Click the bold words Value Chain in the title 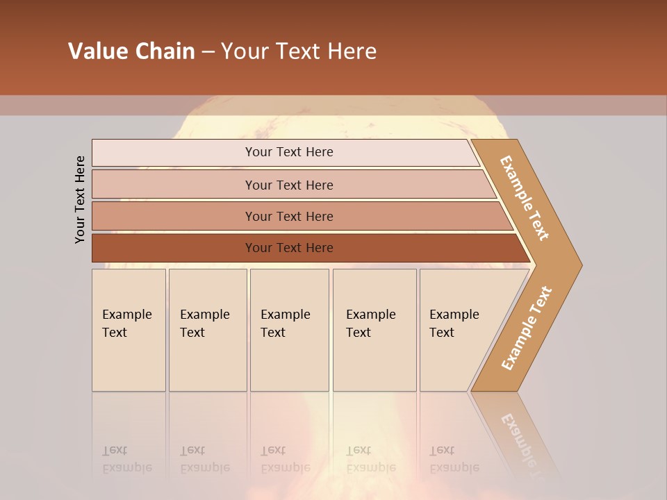[131, 51]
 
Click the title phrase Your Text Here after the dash [299, 51]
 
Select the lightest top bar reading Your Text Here [289, 152]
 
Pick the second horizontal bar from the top [289, 185]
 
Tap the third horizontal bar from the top [289, 216]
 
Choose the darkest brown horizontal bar [289, 248]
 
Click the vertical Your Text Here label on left [80, 199]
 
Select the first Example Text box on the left [129, 330]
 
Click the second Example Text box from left [207, 330]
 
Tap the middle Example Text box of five [289, 330]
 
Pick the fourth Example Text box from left [374, 330]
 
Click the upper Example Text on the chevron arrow [525, 198]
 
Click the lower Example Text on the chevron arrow [526, 328]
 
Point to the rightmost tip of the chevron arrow [580, 265]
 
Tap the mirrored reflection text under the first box [126, 459]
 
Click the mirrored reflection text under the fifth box [454, 459]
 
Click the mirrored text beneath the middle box [285, 459]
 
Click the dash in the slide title [208, 52]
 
